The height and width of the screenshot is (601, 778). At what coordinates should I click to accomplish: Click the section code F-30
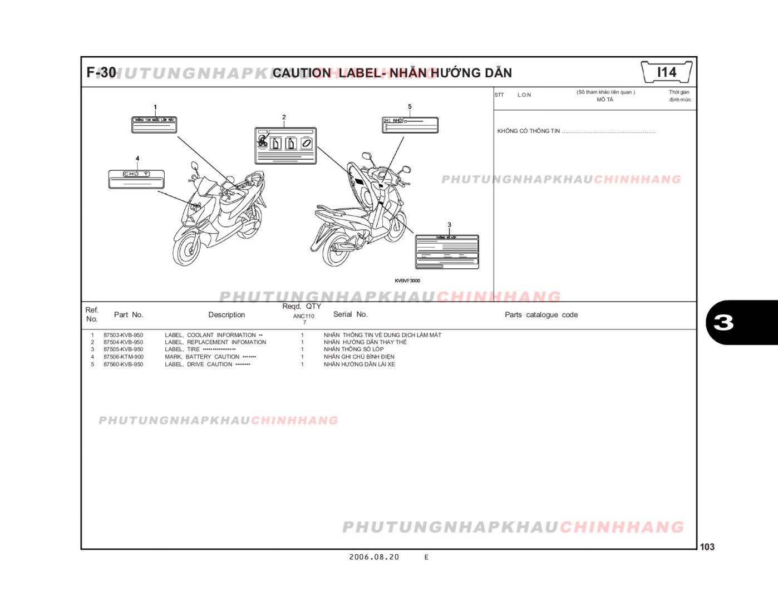101,72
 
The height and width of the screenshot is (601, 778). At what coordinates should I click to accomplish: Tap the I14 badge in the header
666,72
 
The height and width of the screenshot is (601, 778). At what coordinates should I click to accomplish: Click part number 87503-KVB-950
123,335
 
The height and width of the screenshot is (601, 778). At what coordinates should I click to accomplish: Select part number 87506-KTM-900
123,357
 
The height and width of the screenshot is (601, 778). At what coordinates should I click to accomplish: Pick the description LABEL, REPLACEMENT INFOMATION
215,342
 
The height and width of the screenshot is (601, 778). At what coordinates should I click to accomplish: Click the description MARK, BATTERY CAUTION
202,357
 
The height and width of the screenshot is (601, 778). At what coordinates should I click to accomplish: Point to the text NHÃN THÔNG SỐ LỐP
353,349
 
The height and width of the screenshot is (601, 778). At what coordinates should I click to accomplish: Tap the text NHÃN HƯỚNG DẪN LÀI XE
359,364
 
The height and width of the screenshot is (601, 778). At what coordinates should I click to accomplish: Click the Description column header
226,315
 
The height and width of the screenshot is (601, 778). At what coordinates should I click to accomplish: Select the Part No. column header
129,315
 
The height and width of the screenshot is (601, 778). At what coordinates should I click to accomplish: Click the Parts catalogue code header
541,315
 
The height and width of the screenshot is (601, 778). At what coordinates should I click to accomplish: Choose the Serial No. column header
350,314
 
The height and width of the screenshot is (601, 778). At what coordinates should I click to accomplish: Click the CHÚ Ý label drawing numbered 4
136,179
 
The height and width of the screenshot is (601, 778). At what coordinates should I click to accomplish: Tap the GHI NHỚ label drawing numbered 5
410,125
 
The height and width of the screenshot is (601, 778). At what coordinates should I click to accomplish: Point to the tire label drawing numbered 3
447,252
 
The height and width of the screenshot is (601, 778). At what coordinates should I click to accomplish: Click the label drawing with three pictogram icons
285,146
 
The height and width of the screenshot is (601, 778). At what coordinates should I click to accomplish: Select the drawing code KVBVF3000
407,281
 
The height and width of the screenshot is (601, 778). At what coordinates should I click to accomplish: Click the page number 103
707,547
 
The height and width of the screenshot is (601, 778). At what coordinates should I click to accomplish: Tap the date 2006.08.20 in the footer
374,557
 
